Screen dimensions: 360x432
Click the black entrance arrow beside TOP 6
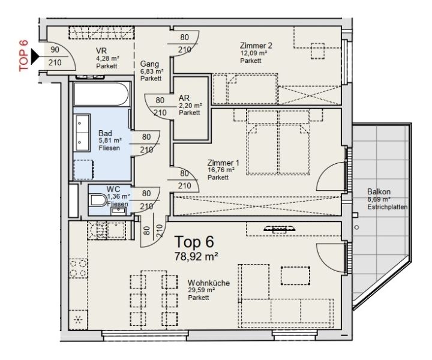click(x=35, y=57)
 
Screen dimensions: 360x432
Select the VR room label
click(x=101, y=50)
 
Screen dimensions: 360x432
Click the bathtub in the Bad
click(x=101, y=95)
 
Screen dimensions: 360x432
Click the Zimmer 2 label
click(x=256, y=46)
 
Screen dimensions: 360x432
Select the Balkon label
click(x=379, y=192)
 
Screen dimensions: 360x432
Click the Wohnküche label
click(x=209, y=282)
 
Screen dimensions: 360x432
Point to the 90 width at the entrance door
click(x=55, y=50)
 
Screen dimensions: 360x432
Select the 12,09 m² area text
click(x=253, y=53)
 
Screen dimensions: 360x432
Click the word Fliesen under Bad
click(x=109, y=147)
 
